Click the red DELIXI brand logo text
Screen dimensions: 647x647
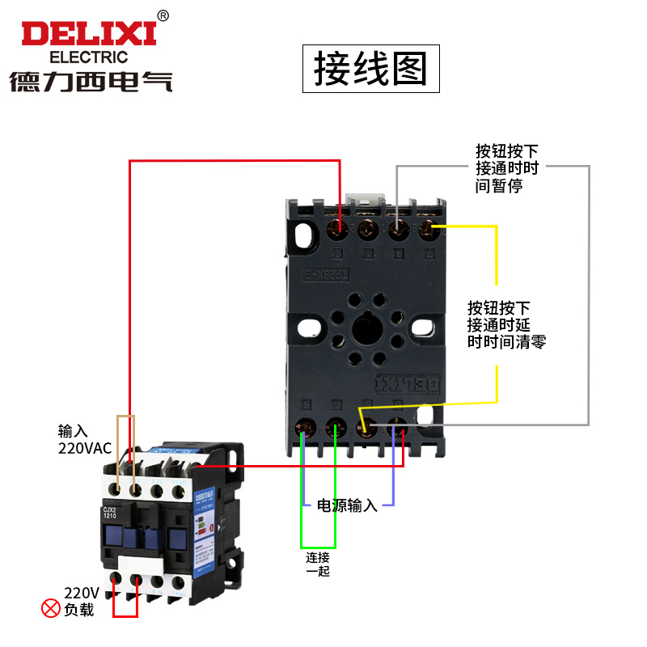[88, 34]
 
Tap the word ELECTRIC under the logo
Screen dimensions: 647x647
[89, 57]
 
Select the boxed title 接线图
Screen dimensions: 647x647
[370, 69]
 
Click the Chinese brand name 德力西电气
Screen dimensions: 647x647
[91, 82]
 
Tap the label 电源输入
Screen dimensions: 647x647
[346, 506]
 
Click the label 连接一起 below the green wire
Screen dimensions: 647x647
[318, 564]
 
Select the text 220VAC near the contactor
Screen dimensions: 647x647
[84, 446]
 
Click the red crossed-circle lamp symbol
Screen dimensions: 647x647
[51, 608]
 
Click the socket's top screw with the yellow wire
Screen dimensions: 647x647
[428, 230]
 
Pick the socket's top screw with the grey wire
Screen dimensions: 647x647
[397, 230]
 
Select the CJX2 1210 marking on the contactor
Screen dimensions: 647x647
[112, 512]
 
